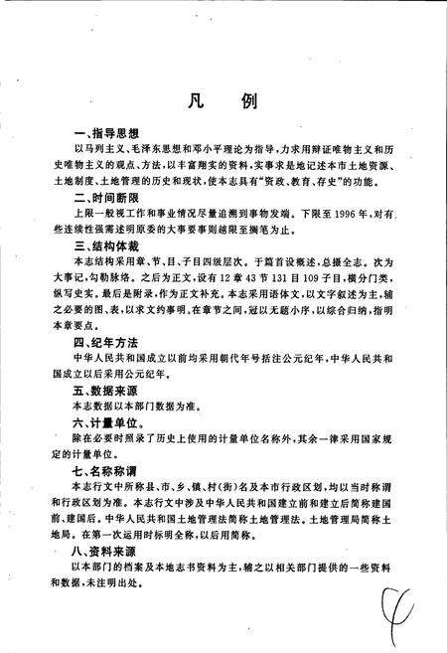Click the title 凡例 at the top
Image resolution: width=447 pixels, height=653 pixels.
[x=223, y=102]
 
